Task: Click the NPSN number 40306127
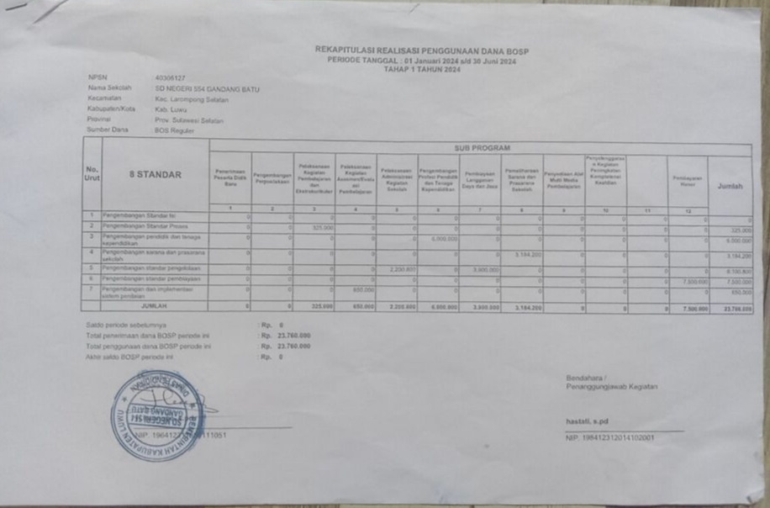pos(170,78)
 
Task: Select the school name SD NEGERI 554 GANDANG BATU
pos(207,88)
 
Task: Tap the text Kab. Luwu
pos(171,109)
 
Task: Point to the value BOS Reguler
pos(174,130)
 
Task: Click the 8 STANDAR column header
pos(155,175)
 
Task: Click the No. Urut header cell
pos(92,174)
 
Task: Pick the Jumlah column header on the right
pos(730,187)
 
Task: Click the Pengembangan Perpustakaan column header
pos(272,179)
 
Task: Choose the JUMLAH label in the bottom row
pos(155,307)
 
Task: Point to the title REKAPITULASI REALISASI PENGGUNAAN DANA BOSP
pos(422,50)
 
